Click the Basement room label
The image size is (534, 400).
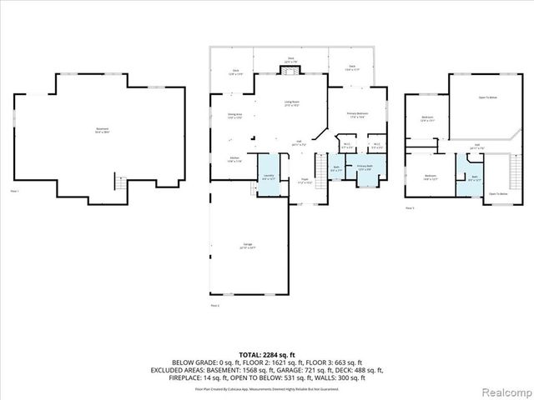click(102, 130)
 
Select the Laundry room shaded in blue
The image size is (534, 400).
click(269, 176)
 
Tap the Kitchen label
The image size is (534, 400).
click(234, 159)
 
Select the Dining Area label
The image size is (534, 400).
click(234, 115)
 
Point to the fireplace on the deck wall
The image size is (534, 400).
click(291, 72)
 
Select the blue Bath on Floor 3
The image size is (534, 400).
click(473, 177)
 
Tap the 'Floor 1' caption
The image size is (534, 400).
click(14, 192)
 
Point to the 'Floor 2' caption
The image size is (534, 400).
click(214, 306)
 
